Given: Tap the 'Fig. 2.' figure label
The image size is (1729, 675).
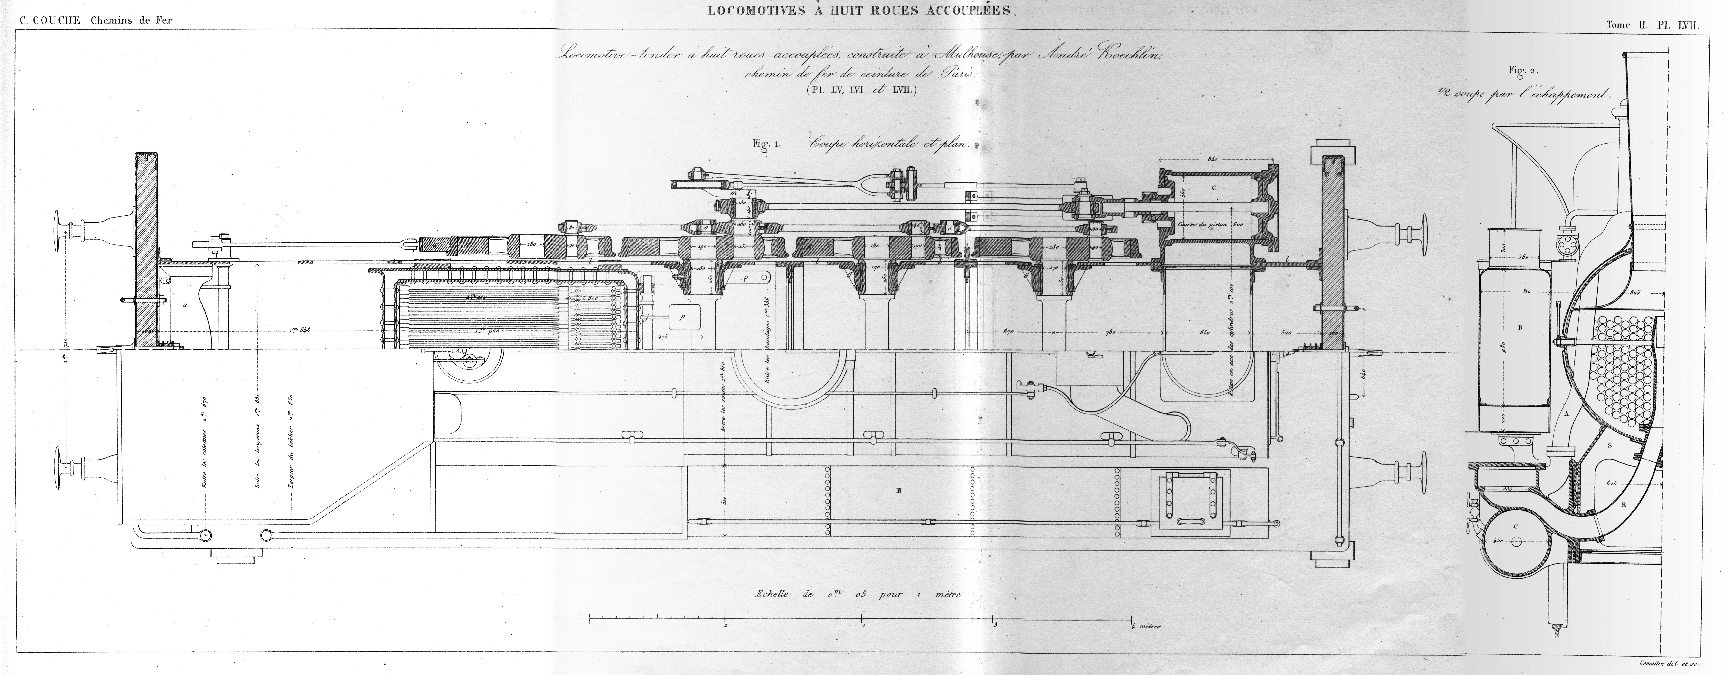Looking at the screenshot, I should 1517,70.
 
